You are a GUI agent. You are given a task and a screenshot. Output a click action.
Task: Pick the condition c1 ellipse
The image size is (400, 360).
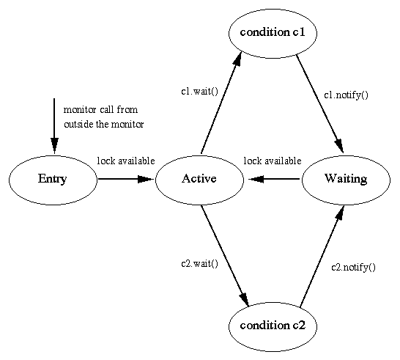click(273, 33)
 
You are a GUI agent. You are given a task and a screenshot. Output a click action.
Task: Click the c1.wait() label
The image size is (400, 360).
click(200, 92)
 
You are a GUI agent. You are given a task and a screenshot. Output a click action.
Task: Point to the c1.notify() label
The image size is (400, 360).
click(347, 95)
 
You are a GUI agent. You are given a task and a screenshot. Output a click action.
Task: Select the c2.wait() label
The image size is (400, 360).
click(200, 263)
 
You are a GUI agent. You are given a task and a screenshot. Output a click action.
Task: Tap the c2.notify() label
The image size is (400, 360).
click(354, 268)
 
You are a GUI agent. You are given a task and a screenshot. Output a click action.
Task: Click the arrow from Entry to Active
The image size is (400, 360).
click(126, 179)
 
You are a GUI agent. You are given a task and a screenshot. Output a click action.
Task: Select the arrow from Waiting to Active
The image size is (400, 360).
click(273, 179)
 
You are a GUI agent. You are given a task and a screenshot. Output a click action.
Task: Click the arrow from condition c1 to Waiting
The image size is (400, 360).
click(319, 104)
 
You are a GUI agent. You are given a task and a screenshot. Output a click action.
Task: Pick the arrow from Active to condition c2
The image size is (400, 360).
click(225, 256)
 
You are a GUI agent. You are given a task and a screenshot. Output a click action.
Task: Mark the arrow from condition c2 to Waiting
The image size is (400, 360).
click(322, 256)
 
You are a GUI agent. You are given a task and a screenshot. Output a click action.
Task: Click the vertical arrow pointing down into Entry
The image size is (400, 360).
click(54, 126)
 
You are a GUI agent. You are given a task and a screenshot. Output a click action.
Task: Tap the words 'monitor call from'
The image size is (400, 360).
click(100, 109)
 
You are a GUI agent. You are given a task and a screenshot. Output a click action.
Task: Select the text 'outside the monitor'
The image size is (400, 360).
click(103, 125)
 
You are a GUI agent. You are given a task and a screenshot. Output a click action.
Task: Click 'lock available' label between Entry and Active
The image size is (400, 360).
click(126, 161)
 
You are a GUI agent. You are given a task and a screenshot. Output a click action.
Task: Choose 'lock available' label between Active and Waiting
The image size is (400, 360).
click(273, 161)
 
